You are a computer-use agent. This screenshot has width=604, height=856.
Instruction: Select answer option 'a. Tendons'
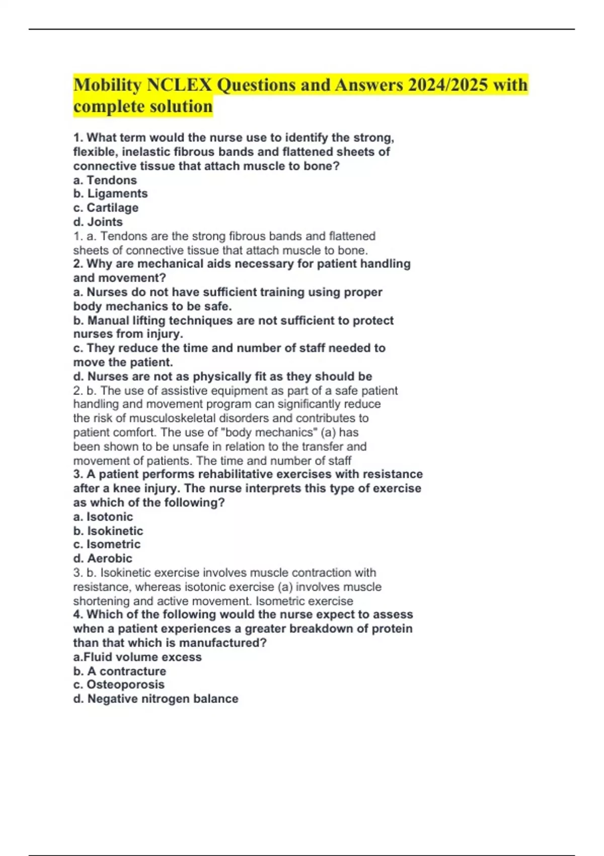105,180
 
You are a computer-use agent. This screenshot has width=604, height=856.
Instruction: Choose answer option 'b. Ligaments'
111,194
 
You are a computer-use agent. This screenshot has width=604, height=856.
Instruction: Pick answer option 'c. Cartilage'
106,208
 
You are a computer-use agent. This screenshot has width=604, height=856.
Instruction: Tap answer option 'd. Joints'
98,222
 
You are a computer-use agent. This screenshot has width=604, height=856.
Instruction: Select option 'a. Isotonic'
103,517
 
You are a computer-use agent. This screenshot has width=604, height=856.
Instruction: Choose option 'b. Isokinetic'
108,531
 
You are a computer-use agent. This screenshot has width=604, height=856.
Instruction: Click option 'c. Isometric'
107,544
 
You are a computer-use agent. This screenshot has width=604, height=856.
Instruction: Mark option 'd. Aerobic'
103,558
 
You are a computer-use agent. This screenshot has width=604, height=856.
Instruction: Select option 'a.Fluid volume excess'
137,657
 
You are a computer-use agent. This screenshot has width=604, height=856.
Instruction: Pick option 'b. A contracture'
120,671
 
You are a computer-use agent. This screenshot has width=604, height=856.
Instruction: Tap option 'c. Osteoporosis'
119,685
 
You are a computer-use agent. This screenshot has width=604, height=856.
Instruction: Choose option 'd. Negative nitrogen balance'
156,699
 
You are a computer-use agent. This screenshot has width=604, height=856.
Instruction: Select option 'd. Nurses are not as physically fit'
223,377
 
